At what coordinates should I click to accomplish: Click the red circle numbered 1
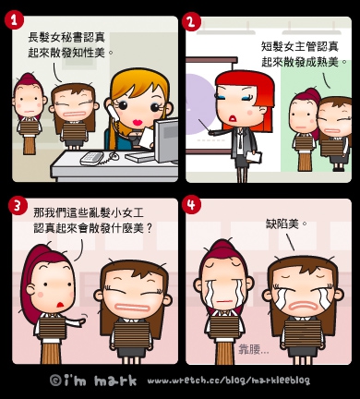pos(14,20)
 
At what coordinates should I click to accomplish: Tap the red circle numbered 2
pos(191,22)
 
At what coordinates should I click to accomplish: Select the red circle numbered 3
pos(18,205)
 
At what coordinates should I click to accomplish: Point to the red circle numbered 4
pos(191,204)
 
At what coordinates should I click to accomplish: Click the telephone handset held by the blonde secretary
pos(112,113)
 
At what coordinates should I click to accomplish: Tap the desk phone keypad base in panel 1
pos(91,158)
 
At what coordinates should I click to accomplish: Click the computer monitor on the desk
pos(166,141)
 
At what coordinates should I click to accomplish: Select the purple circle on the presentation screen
pos(200,104)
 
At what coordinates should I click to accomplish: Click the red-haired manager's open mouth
pos(234,118)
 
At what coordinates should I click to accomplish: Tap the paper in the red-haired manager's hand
pos(254,157)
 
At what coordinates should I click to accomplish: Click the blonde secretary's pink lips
pos(138,122)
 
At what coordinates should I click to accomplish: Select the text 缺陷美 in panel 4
pos(282,224)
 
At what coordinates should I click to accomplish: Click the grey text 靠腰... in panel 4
pos(253,349)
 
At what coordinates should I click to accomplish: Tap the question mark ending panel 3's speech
pos(149,228)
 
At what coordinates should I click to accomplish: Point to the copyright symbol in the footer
pos(55,381)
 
